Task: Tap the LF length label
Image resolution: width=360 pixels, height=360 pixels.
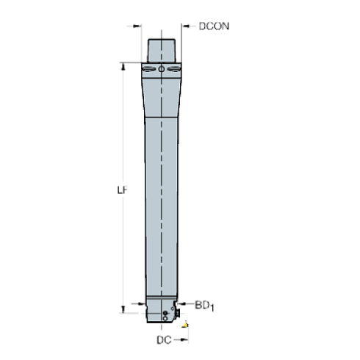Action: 123,189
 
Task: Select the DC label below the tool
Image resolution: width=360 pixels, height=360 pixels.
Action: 164,340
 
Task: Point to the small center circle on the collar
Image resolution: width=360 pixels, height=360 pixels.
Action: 161,70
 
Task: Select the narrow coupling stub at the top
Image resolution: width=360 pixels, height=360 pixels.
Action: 161,49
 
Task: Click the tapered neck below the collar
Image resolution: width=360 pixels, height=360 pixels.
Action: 161,96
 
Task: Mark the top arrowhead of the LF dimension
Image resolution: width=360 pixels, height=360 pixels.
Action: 123,67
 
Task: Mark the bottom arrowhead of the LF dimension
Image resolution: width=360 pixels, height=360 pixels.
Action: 123,307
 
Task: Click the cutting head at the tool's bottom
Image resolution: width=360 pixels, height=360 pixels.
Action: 161,312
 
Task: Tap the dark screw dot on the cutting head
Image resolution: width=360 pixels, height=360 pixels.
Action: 168,314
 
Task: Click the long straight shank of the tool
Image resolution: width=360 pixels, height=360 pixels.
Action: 161,206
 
